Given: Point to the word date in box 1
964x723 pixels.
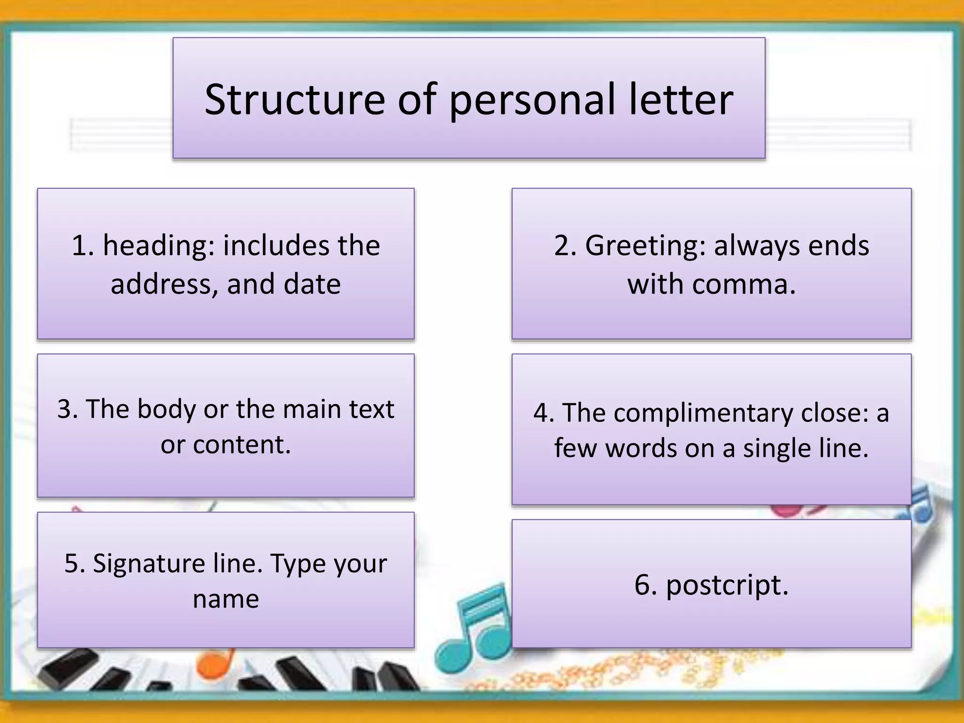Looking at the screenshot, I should click(312, 284).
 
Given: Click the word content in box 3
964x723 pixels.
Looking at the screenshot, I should click(241, 444).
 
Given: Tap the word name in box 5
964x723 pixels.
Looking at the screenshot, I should click(226, 599).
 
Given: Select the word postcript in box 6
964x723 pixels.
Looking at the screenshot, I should click(727, 586).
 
